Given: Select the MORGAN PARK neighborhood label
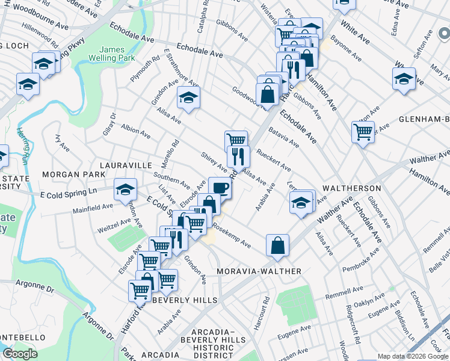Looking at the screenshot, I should coord(66,174).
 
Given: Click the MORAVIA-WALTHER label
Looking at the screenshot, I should coord(259,271).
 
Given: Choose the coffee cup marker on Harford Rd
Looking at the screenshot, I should coord(219,187).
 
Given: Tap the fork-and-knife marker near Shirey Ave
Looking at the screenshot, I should coord(238,156).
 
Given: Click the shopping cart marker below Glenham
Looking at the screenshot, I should coord(363,131).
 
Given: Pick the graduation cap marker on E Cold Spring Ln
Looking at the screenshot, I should coord(125,189).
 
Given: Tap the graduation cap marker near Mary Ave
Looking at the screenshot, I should coord(404,78).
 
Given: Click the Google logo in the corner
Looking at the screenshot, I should coord(20,354).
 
